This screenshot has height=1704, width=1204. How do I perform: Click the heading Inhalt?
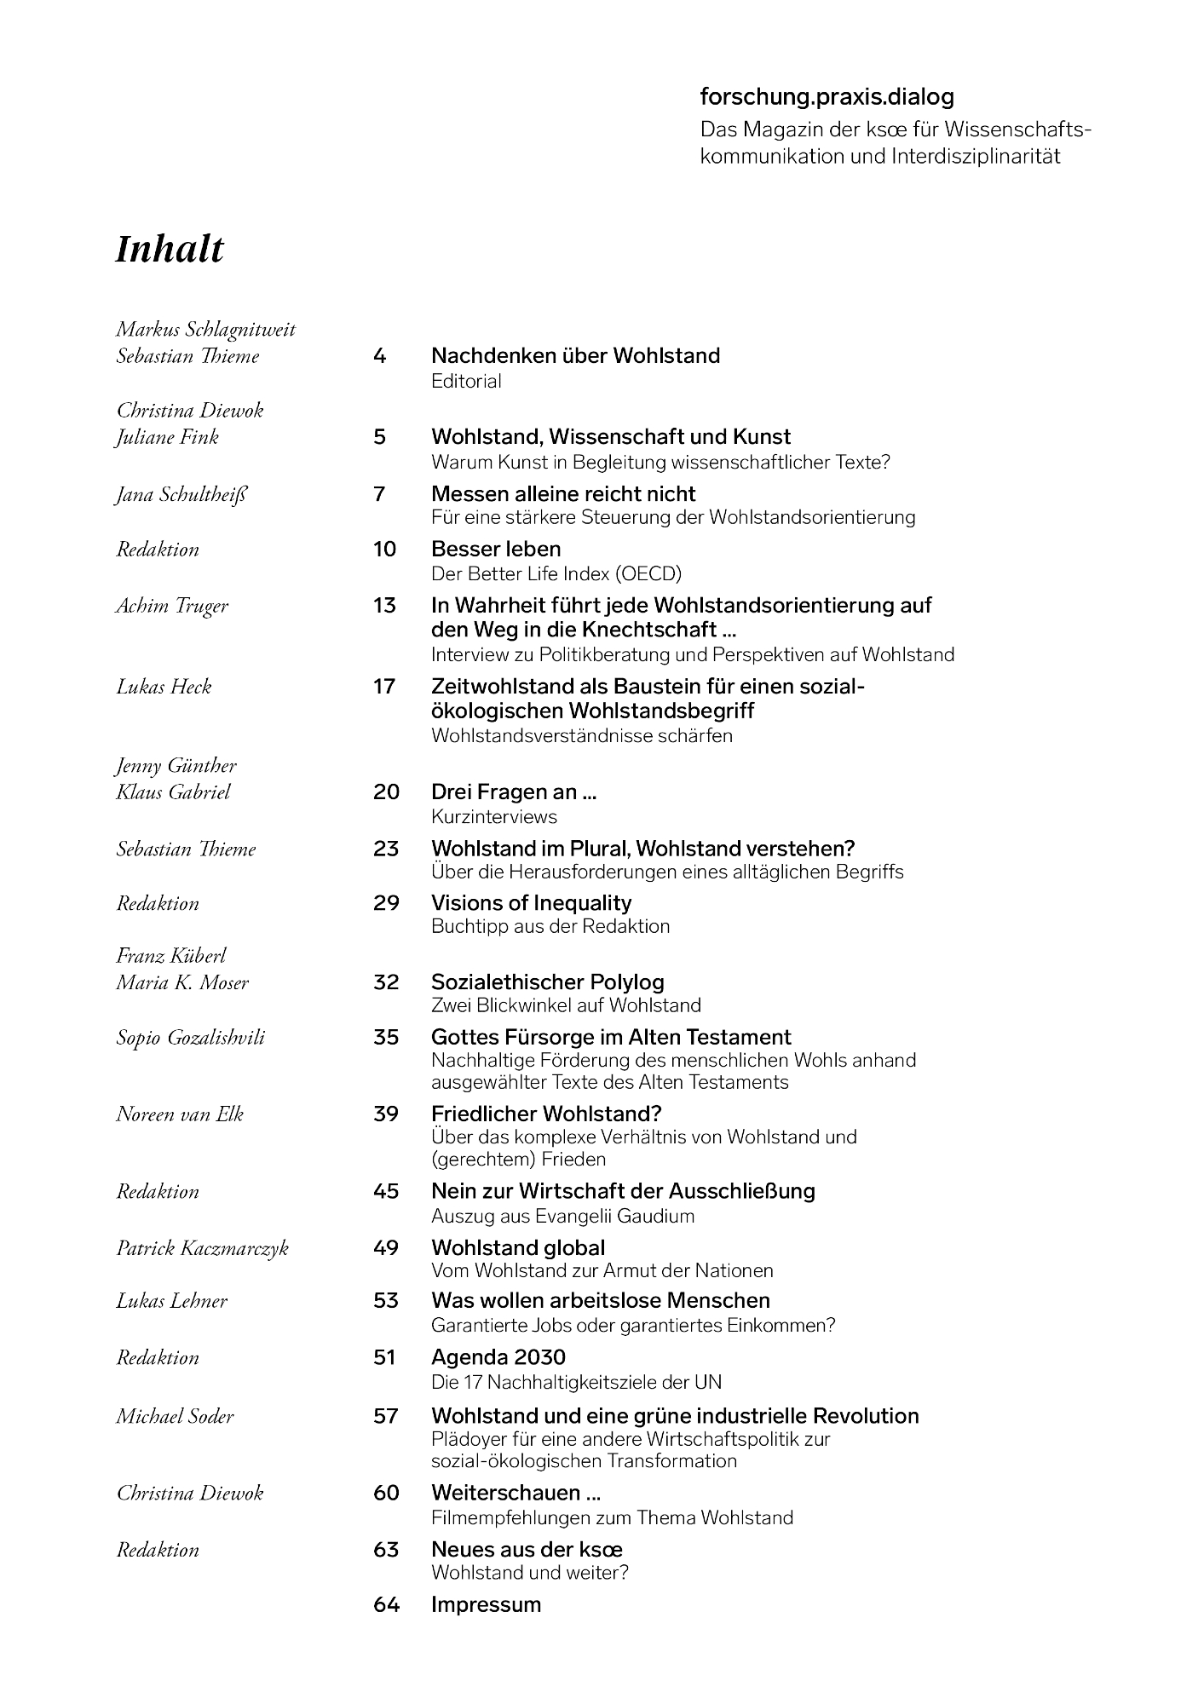170,250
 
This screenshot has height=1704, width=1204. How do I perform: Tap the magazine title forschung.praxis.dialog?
827,97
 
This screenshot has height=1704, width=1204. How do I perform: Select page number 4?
379,355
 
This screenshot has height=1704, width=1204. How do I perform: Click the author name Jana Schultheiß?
181,494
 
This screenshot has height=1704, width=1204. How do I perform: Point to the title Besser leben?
496,549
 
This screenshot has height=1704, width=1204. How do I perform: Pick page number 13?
384,606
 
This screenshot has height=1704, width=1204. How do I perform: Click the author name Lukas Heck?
164,687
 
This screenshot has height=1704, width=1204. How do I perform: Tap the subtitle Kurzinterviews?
494,816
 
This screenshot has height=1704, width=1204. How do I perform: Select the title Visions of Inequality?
531,903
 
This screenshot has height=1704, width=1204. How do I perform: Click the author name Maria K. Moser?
182,982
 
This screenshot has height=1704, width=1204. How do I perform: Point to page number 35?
386,1037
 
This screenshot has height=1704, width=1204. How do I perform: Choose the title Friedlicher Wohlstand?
546,1114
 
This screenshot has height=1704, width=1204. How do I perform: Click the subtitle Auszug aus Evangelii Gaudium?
562,1216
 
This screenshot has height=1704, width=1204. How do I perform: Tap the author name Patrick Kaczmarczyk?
203,1248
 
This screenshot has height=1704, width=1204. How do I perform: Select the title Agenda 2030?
498,1357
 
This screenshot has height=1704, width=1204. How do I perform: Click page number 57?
386,1416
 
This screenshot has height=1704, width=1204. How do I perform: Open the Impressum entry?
486,1604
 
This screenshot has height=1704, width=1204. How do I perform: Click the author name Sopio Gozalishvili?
191,1038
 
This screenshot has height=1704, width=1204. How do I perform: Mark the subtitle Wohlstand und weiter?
530,1572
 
